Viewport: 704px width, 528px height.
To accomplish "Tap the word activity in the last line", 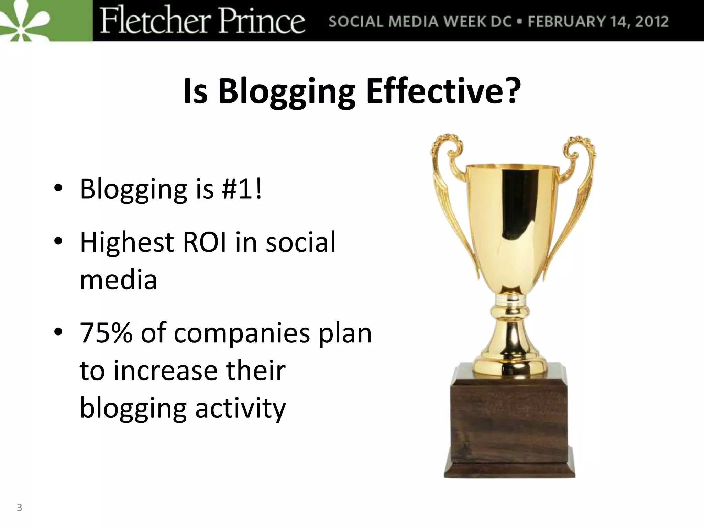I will (x=240, y=409).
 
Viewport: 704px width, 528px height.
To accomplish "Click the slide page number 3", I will (x=20, y=507).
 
